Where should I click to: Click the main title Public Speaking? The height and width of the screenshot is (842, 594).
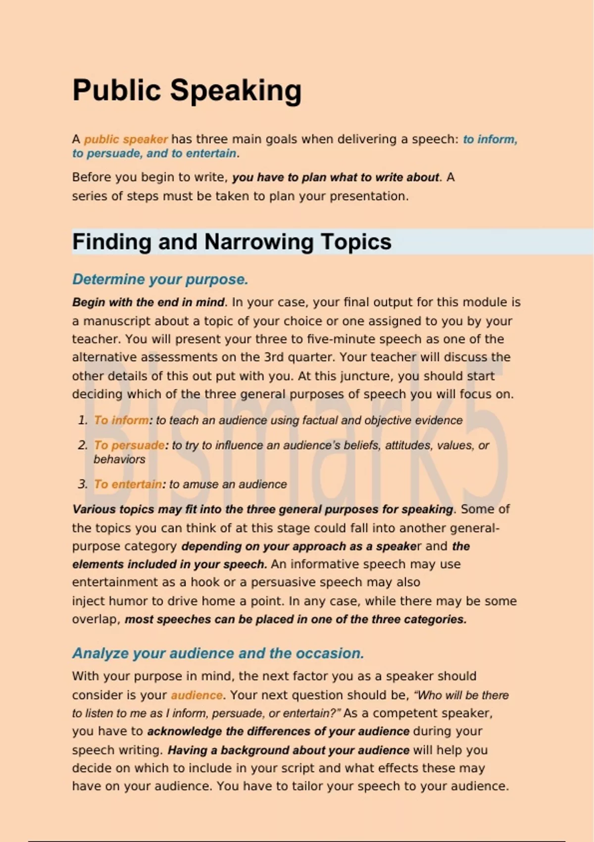(x=187, y=91)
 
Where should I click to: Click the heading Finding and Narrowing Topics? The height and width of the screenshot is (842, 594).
(x=232, y=242)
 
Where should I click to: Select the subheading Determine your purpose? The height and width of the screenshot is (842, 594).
(x=160, y=279)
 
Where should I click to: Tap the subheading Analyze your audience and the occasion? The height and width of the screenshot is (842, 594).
(x=218, y=653)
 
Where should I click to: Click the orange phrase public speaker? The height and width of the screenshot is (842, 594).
(x=126, y=139)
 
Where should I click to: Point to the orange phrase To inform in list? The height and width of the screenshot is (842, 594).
(x=121, y=421)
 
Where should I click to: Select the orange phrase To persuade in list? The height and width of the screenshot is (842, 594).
(x=129, y=445)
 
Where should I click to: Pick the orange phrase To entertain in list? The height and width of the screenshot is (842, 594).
(x=128, y=484)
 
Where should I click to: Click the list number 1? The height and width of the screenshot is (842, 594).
(x=82, y=421)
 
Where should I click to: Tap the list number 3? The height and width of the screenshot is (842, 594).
(x=82, y=484)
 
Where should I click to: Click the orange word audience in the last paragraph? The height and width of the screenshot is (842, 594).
(x=197, y=695)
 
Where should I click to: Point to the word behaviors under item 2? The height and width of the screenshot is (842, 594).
(x=119, y=460)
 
